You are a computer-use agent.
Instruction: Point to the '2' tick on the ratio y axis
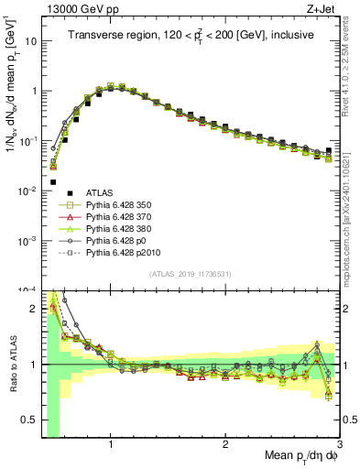pos(34,309)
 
